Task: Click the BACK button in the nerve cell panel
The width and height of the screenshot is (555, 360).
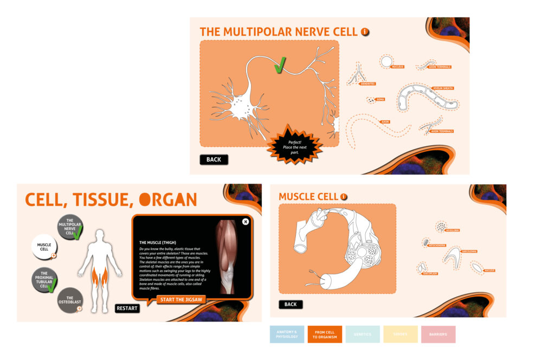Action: (214, 159)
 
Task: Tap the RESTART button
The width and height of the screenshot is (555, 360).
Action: (127, 308)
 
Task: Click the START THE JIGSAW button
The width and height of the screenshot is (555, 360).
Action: (182, 299)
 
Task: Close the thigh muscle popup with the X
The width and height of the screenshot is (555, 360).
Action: (246, 221)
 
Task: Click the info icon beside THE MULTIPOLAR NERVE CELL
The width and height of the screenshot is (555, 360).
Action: (365, 32)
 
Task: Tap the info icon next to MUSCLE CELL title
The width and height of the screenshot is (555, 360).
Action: (344, 197)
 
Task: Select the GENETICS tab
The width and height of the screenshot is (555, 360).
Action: (363, 334)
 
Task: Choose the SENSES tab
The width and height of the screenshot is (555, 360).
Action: (401, 334)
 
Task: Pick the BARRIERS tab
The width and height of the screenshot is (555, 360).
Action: (438, 334)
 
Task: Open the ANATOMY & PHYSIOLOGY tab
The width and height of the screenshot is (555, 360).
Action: (287, 334)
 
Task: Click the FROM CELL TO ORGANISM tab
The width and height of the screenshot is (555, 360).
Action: (325, 334)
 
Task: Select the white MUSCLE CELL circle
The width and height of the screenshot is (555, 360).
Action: (44, 247)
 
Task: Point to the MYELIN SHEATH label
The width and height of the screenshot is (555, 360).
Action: (443, 88)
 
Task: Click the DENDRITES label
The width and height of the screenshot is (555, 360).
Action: (367, 83)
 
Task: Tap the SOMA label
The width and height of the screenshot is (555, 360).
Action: (380, 100)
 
